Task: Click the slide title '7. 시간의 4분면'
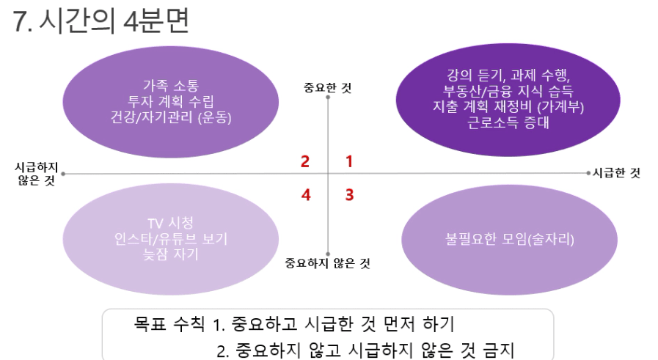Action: click(101, 21)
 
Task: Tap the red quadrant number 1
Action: click(349, 161)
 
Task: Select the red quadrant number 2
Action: click(305, 161)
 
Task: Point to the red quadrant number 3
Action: click(350, 195)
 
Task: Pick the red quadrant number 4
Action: click(306, 195)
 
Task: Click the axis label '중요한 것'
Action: click(327, 88)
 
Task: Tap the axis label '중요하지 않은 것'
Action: click(327, 263)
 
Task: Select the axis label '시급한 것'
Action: click(616, 173)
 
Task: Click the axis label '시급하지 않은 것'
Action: click(36, 174)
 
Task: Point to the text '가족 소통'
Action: click(171, 86)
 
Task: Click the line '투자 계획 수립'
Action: click(171, 101)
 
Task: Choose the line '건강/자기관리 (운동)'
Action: click(171, 117)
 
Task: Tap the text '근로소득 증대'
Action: click(508, 122)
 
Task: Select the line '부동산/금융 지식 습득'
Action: click(508, 91)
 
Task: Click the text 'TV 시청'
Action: click(170, 223)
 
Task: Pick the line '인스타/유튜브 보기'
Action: click(171, 239)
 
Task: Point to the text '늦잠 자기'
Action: click(170, 254)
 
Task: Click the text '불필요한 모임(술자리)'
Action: click(509, 239)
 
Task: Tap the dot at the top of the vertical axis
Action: click(328, 98)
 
